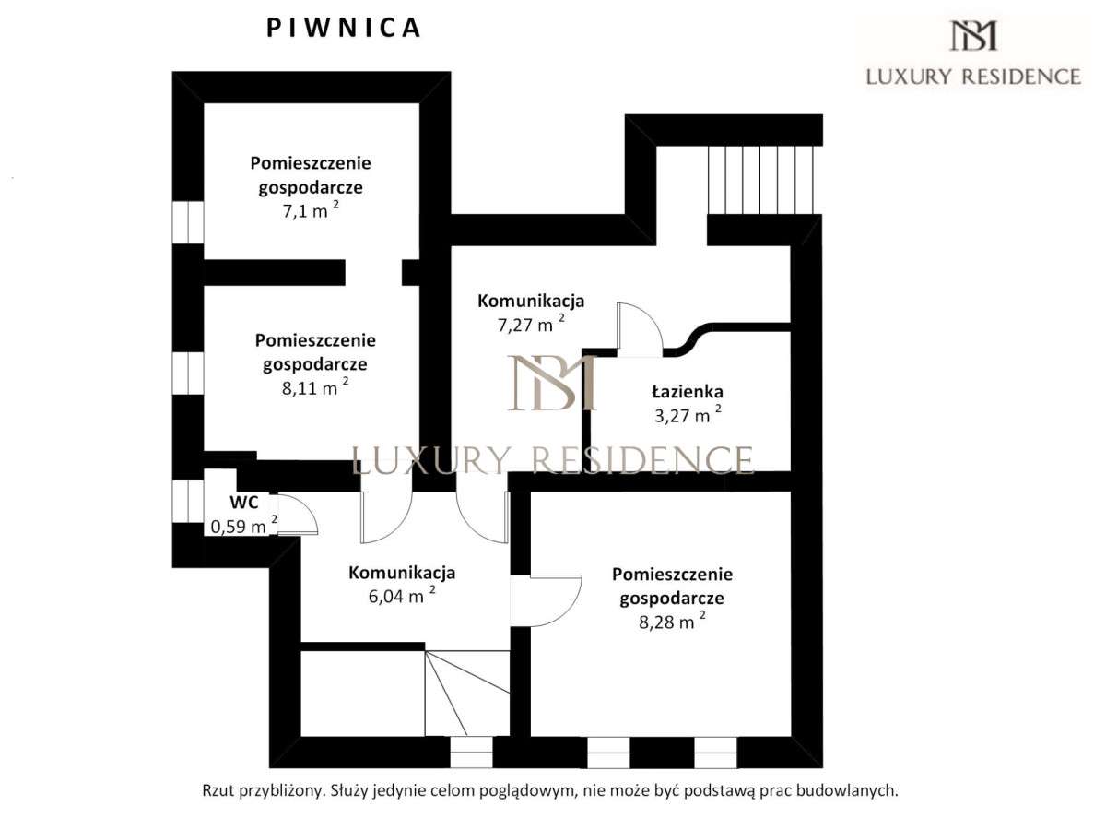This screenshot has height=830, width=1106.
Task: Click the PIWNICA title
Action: click(x=344, y=29)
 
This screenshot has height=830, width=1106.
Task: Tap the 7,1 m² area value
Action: click(x=310, y=211)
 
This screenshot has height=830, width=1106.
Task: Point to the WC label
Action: click(x=243, y=504)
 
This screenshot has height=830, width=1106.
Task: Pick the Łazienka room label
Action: click(x=687, y=392)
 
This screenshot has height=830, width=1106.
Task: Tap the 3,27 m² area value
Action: click(x=687, y=415)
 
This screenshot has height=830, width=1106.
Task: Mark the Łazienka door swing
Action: click(x=638, y=328)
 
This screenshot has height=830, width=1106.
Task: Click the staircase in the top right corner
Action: click(x=761, y=180)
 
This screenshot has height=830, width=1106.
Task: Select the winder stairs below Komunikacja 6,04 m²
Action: click(x=466, y=692)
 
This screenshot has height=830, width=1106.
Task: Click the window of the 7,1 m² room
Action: click(x=188, y=222)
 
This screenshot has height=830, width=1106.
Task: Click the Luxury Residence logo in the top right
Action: click(x=972, y=53)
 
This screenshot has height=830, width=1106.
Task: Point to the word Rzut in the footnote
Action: click(x=218, y=790)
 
